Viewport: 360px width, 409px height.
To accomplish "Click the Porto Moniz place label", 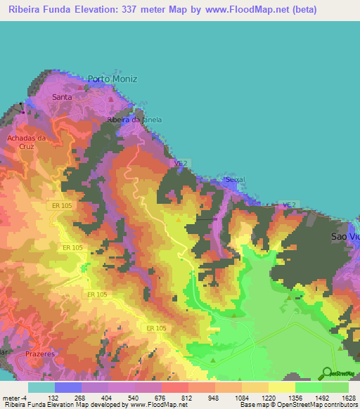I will coord(112,79).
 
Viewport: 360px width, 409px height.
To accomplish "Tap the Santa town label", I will coord(62,97).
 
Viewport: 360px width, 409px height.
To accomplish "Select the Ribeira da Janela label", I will coord(134,119).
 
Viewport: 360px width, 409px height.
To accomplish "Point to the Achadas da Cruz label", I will coord(26,142).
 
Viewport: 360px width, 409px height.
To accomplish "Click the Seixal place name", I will coord(235,180).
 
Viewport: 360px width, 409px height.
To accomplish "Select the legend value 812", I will coord(186,396).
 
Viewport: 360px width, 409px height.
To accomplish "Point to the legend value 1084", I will coord(240,396).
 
